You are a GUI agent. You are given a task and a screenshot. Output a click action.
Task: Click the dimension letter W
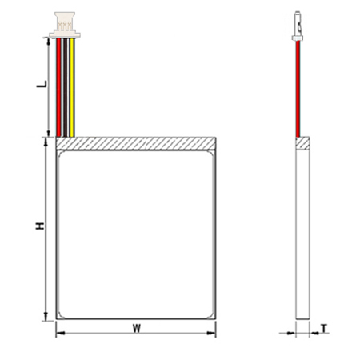pyautogui.click(x=137, y=328)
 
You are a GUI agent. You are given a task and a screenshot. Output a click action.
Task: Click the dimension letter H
pyautogui.click(x=40, y=226)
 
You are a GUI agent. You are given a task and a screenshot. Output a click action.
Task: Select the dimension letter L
pyautogui.click(x=42, y=84)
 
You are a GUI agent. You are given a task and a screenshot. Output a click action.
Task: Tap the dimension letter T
pyautogui.click(x=324, y=329)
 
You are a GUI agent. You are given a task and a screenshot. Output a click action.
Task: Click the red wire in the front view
pyautogui.click(x=58, y=87)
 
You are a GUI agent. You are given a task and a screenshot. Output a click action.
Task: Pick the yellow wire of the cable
pyautogui.click(x=71, y=87)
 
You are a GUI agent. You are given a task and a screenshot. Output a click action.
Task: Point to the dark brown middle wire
pyautogui.click(x=65, y=87)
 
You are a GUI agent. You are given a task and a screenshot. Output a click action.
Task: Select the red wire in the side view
pyautogui.click(x=298, y=89)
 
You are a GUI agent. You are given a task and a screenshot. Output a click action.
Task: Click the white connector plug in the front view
pyautogui.click(x=65, y=25)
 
